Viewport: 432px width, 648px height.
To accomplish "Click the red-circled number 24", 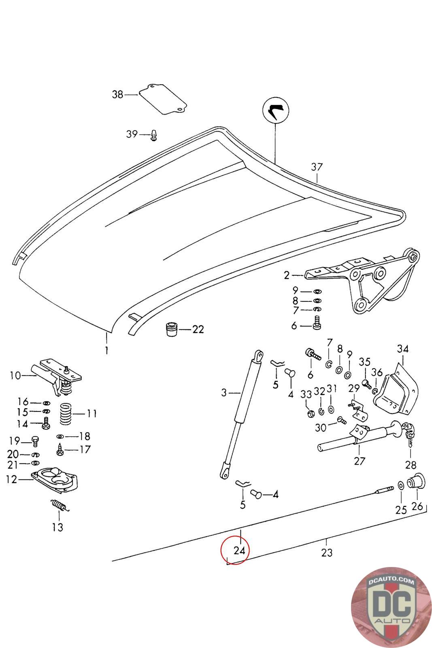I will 239,550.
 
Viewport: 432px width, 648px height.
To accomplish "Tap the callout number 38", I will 117,95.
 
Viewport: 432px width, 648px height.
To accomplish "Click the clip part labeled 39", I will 154,135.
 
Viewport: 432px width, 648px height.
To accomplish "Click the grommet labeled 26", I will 415,482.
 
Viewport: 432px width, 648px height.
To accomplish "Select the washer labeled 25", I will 400,486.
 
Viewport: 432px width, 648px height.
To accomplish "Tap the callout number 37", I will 317,167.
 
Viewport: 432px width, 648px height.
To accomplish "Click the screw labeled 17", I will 60,449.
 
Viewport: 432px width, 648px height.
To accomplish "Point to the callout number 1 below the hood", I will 106,350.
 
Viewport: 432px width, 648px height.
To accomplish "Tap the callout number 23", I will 326,552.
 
